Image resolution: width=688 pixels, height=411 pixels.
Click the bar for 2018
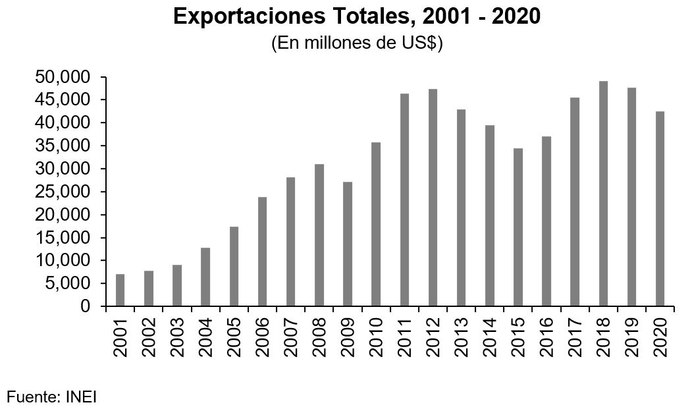[x=603, y=194]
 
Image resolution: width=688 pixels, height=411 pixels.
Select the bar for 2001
[x=120, y=290]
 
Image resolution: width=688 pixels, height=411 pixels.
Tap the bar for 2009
[x=347, y=244]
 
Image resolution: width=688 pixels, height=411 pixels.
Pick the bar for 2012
[x=433, y=198]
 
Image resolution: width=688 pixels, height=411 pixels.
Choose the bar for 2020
[x=660, y=209]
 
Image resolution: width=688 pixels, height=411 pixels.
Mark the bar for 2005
[x=234, y=266]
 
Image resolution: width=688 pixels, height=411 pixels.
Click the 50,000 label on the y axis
[x=61, y=78]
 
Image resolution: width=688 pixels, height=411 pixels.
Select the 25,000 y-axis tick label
[x=61, y=192]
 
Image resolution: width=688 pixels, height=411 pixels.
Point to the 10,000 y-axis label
[x=61, y=261]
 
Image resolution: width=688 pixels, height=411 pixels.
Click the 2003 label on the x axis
[x=177, y=337]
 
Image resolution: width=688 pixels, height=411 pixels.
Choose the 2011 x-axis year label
[x=404, y=337]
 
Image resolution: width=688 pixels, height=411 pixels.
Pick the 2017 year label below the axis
[x=575, y=337]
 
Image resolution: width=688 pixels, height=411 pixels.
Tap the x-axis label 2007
[x=290, y=337]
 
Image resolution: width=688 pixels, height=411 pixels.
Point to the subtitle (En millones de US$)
[x=356, y=43]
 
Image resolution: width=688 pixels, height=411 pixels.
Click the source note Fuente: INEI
[x=52, y=397]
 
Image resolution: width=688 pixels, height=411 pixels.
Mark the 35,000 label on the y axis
[x=61, y=146]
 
